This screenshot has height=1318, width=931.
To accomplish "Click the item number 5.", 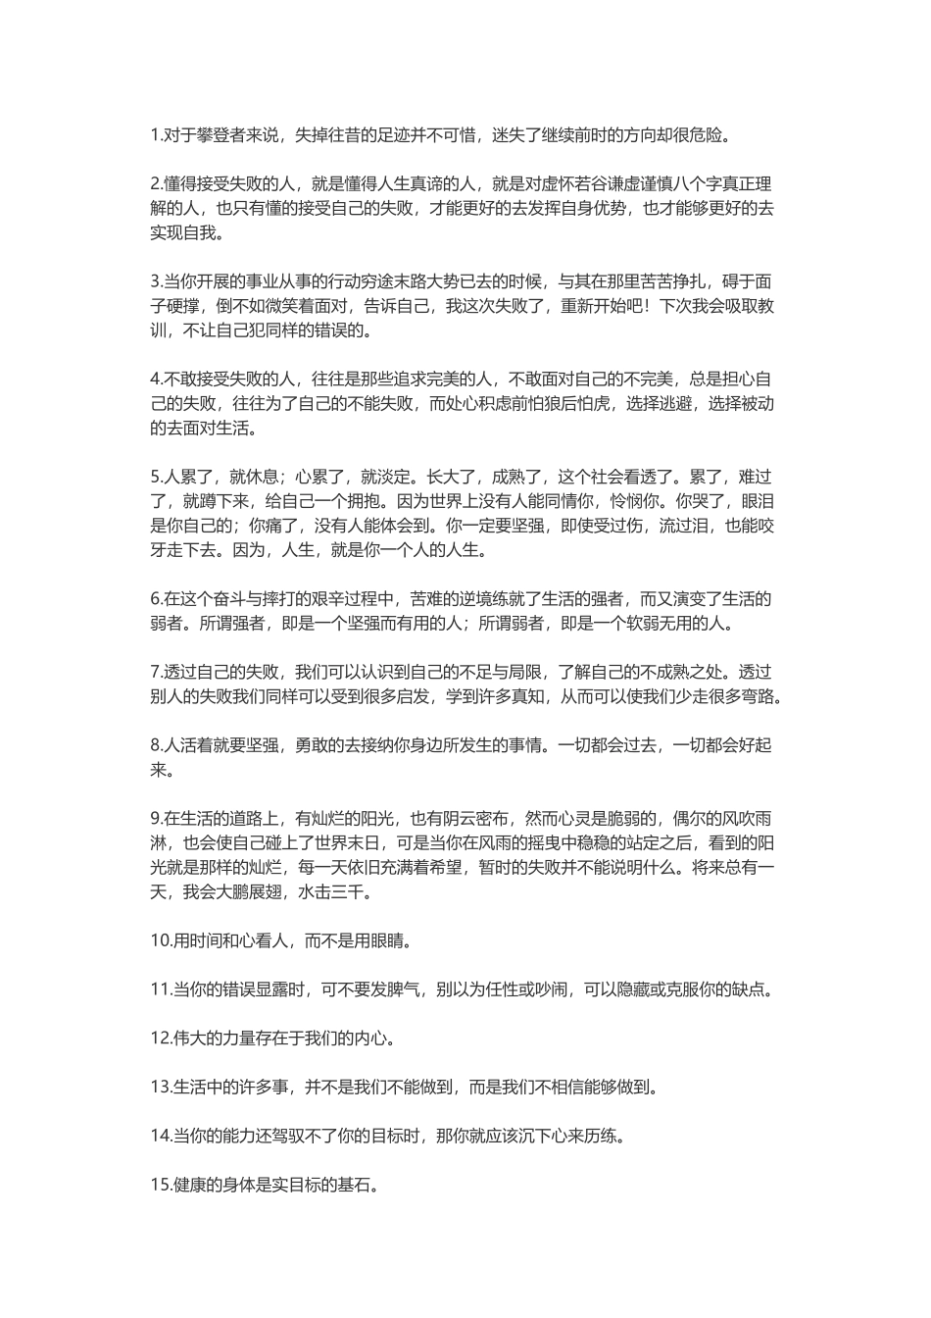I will pyautogui.click(x=155, y=477).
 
